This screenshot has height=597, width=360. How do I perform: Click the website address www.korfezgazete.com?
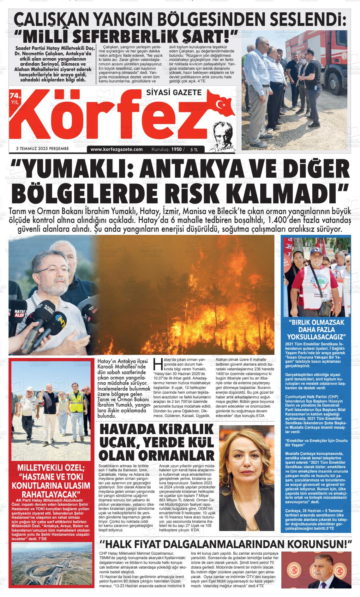[117, 149]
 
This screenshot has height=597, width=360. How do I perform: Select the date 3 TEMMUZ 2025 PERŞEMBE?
[42, 148]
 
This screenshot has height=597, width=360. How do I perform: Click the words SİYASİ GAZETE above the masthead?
[174, 93]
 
